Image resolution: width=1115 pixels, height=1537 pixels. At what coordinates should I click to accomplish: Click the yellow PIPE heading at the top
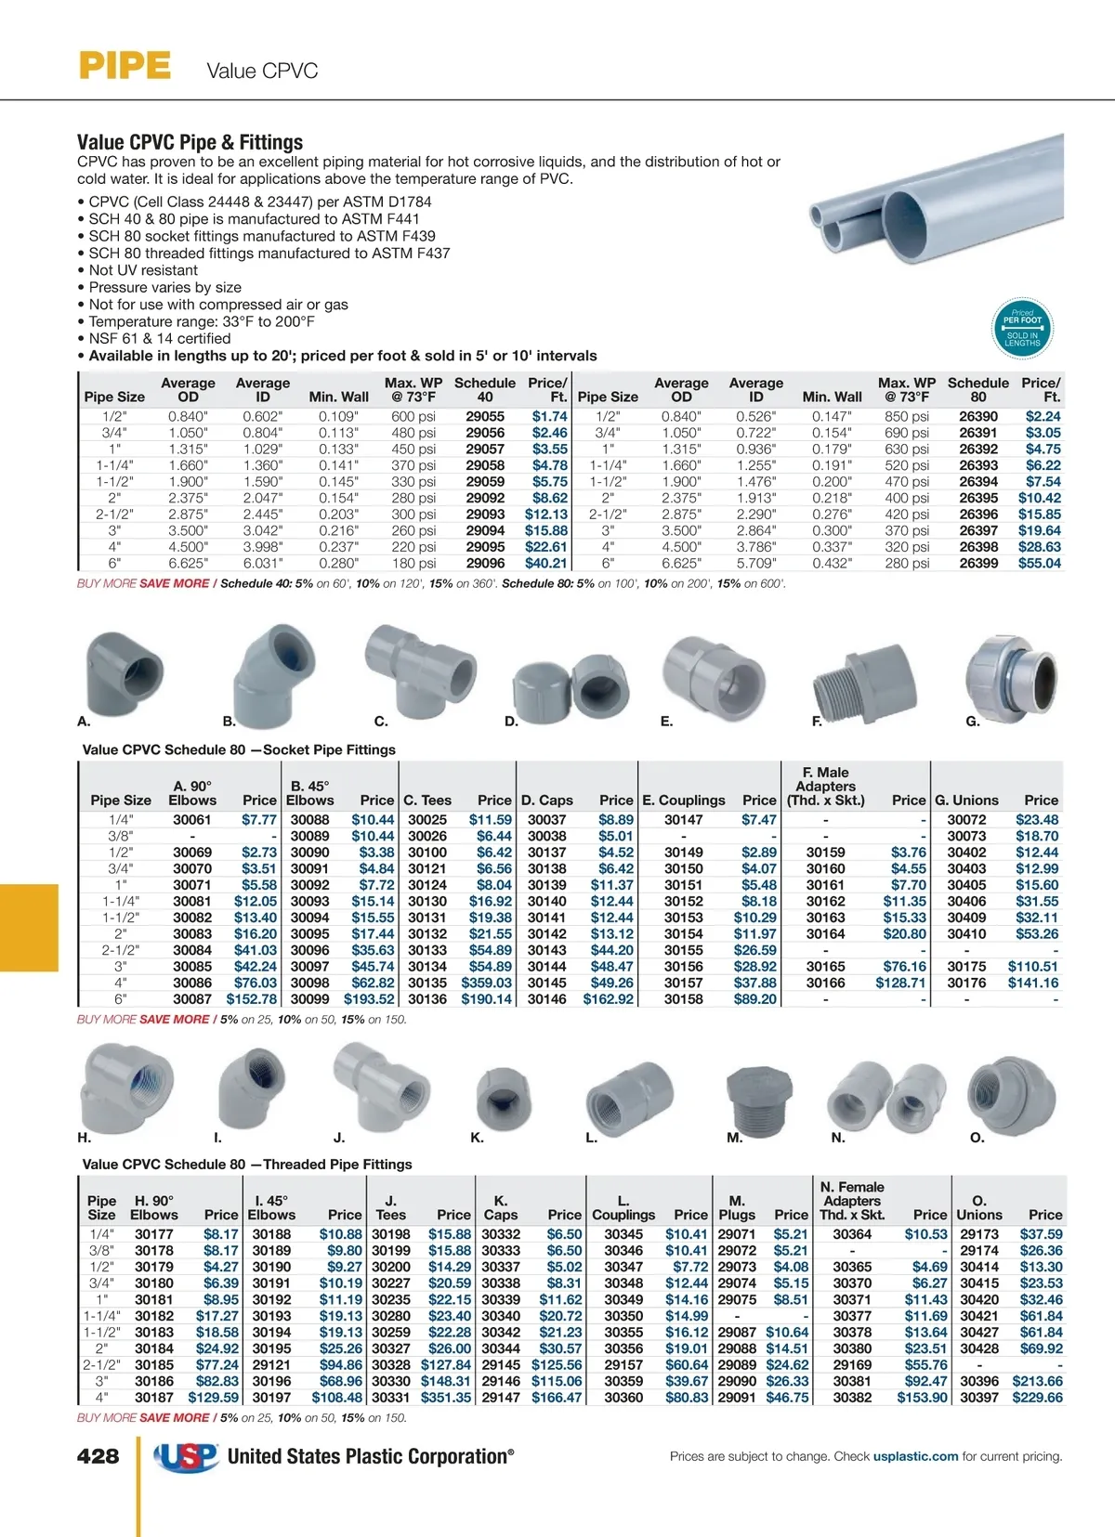click(x=125, y=66)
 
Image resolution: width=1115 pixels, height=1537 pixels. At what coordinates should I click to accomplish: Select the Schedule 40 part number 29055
click(x=485, y=417)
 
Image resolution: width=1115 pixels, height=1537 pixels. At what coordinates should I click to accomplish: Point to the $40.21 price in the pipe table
click(x=546, y=563)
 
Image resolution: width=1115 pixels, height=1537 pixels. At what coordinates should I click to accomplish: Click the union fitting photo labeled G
click(x=1010, y=674)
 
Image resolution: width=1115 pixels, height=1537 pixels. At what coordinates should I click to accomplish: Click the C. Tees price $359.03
click(x=487, y=983)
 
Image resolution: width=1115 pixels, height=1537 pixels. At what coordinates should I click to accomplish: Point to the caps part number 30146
click(x=547, y=999)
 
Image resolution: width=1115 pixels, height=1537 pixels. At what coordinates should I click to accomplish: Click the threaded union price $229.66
click(x=1037, y=1397)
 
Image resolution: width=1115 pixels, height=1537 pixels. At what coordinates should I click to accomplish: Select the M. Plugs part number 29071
click(x=737, y=1234)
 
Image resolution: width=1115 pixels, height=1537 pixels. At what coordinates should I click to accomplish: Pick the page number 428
click(x=98, y=1456)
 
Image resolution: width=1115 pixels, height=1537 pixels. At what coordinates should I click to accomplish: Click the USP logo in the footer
click(x=187, y=1456)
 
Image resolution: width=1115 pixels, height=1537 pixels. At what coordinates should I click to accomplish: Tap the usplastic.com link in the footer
click(x=915, y=1456)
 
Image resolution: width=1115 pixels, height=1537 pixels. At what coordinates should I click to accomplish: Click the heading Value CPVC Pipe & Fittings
click(x=190, y=142)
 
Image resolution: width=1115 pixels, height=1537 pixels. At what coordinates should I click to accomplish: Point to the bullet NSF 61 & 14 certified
click(x=159, y=339)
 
